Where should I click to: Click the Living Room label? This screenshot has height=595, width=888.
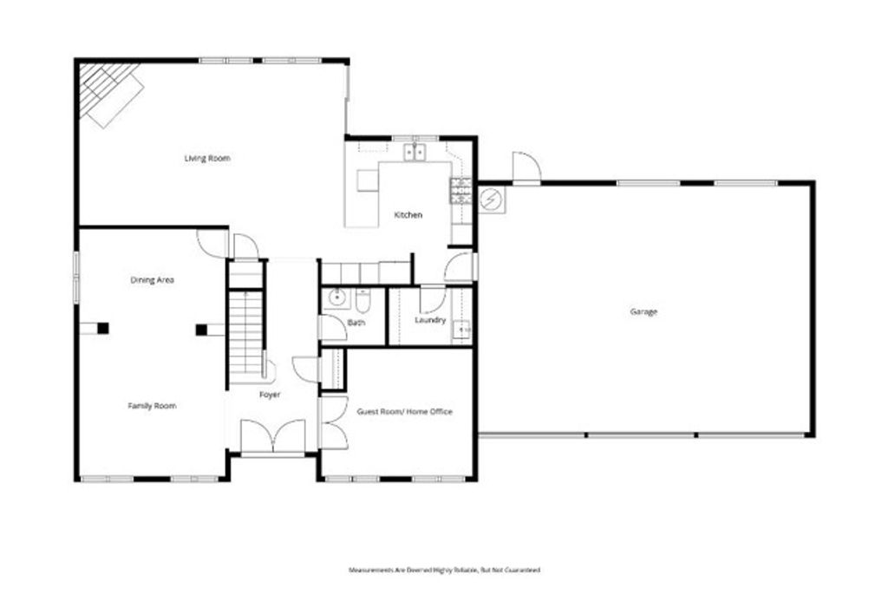point(207,159)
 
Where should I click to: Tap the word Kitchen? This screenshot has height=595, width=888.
point(408,215)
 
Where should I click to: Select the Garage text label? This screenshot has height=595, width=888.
point(643,311)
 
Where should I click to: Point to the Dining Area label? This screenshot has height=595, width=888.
point(153,280)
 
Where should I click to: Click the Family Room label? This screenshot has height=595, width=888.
point(153,406)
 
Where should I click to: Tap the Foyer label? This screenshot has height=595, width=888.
point(270,395)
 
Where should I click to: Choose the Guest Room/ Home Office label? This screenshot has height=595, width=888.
point(404,411)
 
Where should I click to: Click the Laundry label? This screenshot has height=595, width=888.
point(430,320)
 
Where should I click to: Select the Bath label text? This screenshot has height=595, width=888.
point(356,323)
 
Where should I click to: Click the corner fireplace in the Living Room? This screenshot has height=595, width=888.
point(108,93)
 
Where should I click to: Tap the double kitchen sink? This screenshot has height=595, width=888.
point(415,153)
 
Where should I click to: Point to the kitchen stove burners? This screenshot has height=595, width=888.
point(460,190)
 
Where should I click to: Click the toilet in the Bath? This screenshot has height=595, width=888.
point(362,299)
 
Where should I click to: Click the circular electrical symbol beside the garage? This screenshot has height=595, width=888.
point(491,199)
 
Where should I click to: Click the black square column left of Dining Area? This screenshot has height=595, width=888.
point(103,328)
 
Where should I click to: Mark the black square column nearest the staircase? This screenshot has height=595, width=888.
point(201,329)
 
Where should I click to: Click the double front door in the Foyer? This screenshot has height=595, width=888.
point(272,436)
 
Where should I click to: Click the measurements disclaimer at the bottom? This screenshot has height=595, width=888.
point(444,570)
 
